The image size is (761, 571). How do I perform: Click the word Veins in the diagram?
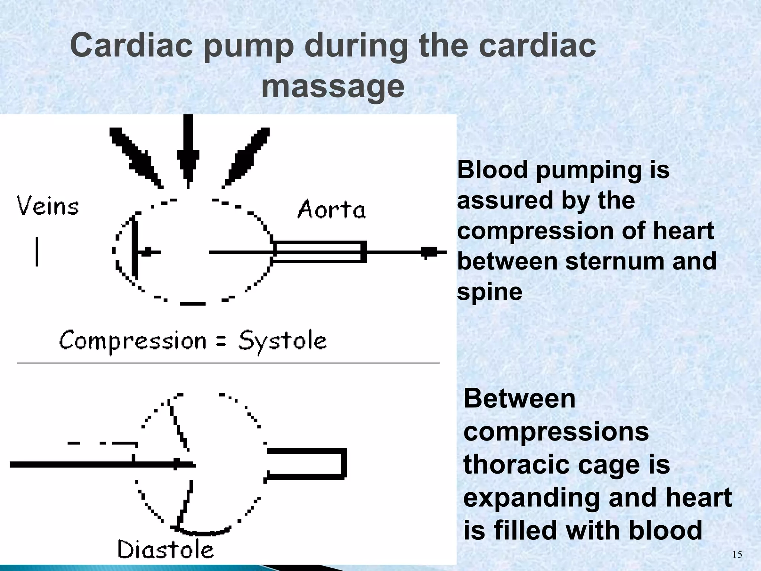(x=48, y=207)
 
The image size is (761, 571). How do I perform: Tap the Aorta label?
(x=331, y=209)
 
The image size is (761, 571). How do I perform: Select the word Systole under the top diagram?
(x=282, y=341)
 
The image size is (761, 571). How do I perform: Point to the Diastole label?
(x=166, y=549)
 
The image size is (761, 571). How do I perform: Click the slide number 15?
(x=737, y=555)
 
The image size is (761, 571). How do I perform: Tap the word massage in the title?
(x=333, y=86)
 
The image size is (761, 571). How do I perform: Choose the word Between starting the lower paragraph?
(x=519, y=399)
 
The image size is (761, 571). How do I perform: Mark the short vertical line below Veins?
(x=37, y=252)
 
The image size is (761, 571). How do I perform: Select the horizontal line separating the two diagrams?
(x=228, y=362)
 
